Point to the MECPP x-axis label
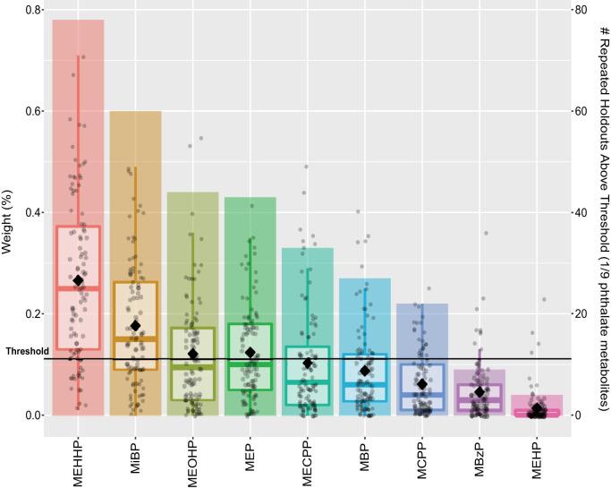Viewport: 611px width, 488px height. point(308,457)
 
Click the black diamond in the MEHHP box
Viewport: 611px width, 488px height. point(79,280)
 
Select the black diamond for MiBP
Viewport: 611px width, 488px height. point(136,326)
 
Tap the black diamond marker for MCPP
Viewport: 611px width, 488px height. point(422,384)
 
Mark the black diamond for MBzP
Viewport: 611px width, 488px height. point(479,392)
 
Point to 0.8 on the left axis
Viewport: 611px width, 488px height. point(32,10)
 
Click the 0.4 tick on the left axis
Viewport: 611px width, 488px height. point(32,212)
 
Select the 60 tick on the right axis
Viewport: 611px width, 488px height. point(581,111)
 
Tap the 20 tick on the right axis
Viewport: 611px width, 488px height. point(581,313)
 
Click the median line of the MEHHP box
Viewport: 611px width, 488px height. point(79,287)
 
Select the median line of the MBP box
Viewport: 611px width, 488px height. point(365,383)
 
